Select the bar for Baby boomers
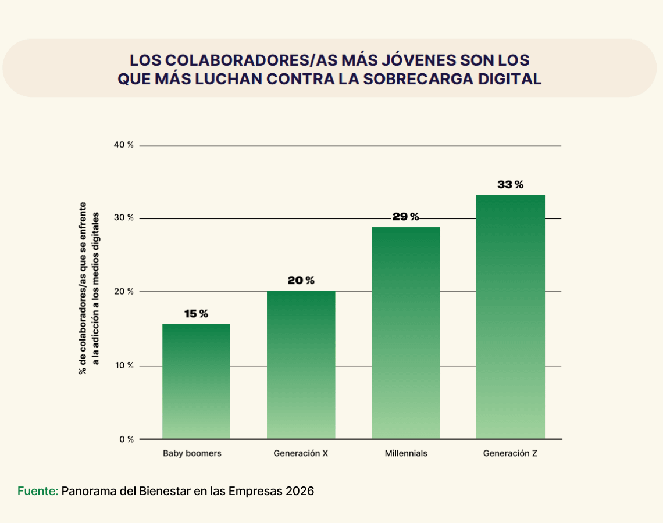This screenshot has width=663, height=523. click(x=196, y=381)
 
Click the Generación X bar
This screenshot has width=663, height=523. click(x=301, y=365)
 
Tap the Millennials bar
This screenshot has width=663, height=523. click(x=405, y=332)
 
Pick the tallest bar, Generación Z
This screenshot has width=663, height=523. click(x=510, y=317)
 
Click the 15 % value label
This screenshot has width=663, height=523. click(x=196, y=314)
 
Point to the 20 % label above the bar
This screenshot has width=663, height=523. click(x=301, y=280)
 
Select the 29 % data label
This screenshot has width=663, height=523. click(x=405, y=217)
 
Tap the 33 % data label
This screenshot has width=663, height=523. click(x=510, y=185)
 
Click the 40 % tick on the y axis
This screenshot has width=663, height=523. click(x=123, y=145)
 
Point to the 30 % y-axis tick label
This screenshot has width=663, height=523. click(x=123, y=218)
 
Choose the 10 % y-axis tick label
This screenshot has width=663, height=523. click(x=123, y=366)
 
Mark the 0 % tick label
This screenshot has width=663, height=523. click(x=126, y=439)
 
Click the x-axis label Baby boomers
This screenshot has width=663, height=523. click(x=192, y=453)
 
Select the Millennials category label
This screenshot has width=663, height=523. click(x=405, y=453)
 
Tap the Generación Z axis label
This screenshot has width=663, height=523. click(x=510, y=453)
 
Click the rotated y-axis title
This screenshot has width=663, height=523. click(x=88, y=288)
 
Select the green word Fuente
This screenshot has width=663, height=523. click(x=37, y=491)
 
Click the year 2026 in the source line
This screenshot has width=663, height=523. click(x=300, y=491)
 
